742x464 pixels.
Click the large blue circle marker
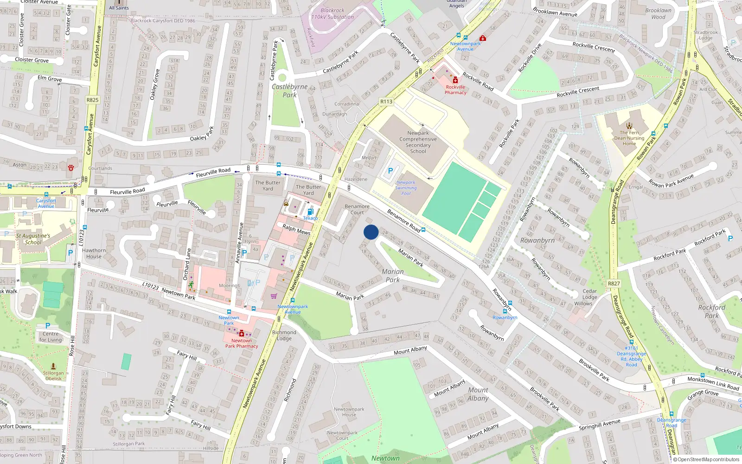[x=371, y=232]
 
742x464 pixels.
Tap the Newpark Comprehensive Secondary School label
[x=418, y=142]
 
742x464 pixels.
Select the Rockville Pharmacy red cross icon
[x=455, y=80]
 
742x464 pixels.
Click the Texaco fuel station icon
[x=310, y=212]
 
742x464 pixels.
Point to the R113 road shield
[x=386, y=102]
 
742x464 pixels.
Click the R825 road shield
[x=92, y=100]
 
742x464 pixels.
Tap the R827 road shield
[x=614, y=284]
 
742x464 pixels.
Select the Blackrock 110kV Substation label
[x=332, y=13]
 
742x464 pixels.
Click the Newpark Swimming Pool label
[x=406, y=188]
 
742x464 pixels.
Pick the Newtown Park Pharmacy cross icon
[x=241, y=333]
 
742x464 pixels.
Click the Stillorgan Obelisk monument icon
[x=53, y=366]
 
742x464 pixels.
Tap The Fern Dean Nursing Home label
[x=629, y=138]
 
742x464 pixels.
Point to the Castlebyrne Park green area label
[x=289, y=90]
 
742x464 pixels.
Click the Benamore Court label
[x=357, y=209]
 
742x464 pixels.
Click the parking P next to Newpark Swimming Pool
[x=390, y=171]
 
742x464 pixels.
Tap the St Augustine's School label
[x=33, y=239]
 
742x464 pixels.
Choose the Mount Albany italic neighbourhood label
[x=478, y=394]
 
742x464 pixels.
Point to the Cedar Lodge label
[x=589, y=294]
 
